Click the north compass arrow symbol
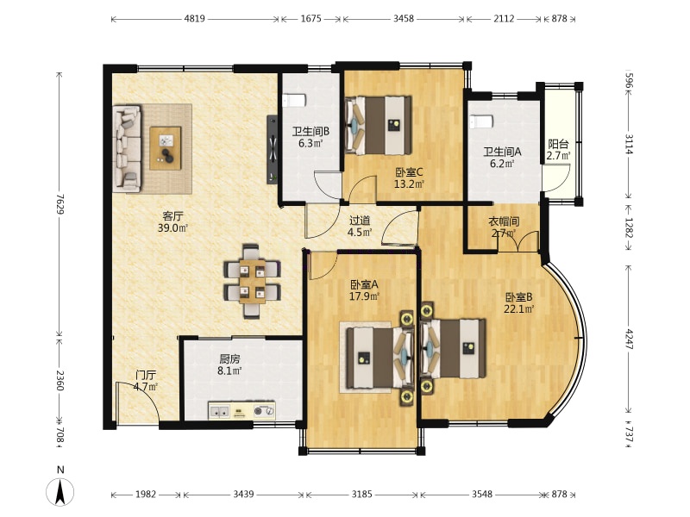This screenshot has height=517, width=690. coord(60,492)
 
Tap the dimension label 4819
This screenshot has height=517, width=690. coord(195,19)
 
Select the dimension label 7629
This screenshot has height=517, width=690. coord(60,204)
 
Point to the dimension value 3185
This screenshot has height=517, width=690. coord(361,494)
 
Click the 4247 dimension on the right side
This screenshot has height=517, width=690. coord(629,339)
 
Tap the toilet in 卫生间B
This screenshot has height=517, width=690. coord(294,101)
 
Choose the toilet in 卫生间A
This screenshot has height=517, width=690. coord(481,121)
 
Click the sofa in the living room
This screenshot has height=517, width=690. coord(127,148)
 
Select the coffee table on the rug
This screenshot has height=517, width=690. coord(166,147)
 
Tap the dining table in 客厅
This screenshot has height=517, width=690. coord(252,282)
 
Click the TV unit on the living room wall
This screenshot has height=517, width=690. coord(273,148)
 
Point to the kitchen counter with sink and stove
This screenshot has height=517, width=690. coord(241,411)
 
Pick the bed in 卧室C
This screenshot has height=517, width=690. coord(378,125)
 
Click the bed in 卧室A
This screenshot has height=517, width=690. coord(380,358)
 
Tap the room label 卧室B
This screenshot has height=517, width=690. coord(519,296)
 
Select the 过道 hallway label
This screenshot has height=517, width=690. coord(360,221)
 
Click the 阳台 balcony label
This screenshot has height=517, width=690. coord(558,144)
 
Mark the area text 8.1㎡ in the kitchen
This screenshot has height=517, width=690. coord(229,371)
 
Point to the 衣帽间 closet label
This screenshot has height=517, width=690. coord(504,221)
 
